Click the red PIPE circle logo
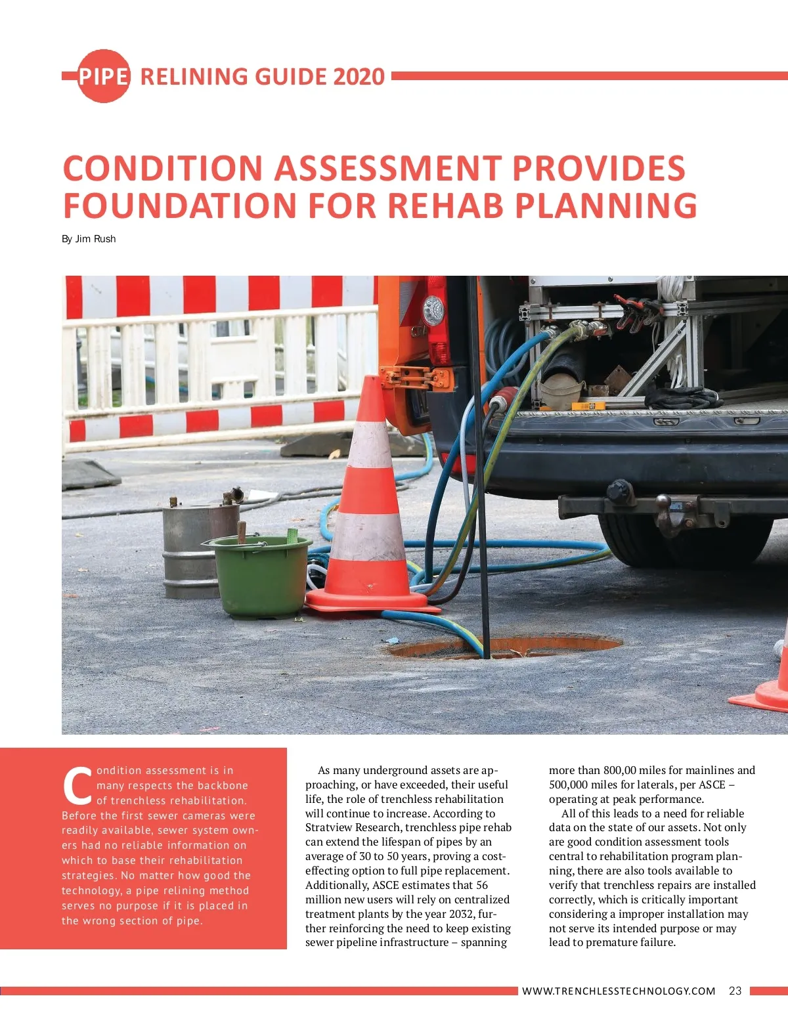click(103, 76)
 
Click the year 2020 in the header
click(359, 77)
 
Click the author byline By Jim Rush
click(89, 239)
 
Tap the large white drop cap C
click(77, 786)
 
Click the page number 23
click(735, 991)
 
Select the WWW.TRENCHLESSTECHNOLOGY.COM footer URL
click(619, 991)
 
